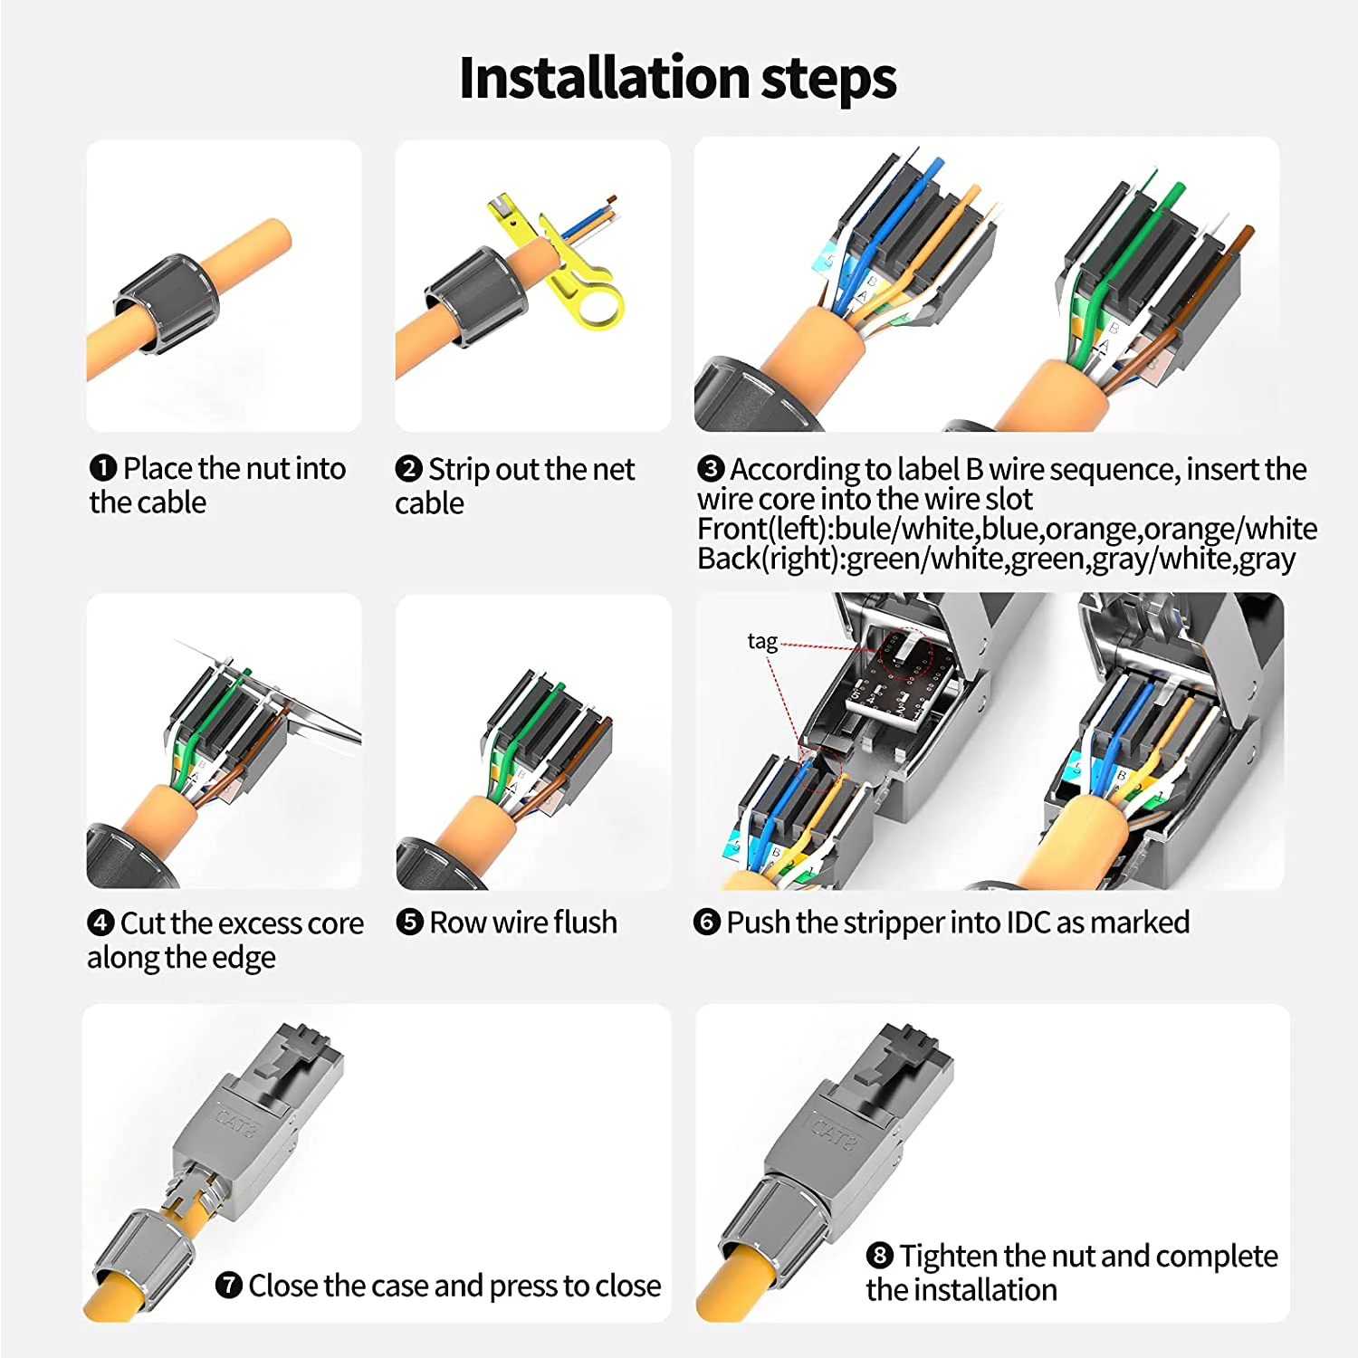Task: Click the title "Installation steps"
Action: tap(677, 78)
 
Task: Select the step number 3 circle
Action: tap(711, 468)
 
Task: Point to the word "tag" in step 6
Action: tap(762, 641)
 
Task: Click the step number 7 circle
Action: tap(228, 1285)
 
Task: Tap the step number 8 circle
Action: tap(879, 1256)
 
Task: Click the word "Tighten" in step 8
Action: tap(949, 1257)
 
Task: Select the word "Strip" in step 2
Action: tap(460, 470)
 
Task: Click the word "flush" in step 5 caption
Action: tap(585, 923)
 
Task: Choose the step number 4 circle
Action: tap(100, 923)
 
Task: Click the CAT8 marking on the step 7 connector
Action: tap(237, 1118)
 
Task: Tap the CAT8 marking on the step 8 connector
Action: tap(832, 1132)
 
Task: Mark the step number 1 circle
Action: tap(103, 468)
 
